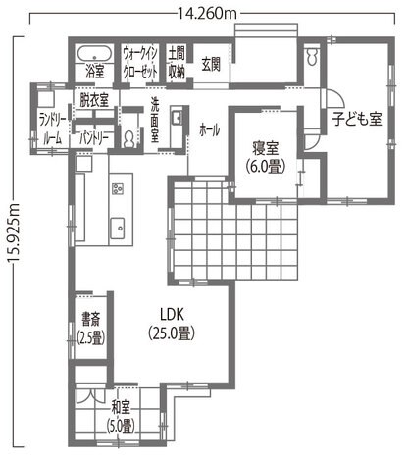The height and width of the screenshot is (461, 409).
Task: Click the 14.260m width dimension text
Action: tap(207, 14)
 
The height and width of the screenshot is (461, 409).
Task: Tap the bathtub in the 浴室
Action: tap(95, 54)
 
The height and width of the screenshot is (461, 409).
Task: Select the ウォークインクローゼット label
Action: tap(140, 62)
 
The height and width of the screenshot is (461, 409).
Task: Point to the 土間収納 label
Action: tap(177, 62)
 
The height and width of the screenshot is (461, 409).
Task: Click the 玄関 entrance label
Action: tap(211, 64)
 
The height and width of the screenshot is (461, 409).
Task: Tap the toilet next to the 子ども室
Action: tap(313, 57)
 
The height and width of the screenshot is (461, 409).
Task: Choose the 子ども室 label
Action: tap(357, 119)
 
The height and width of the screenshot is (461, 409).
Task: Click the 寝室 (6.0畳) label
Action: tap(266, 157)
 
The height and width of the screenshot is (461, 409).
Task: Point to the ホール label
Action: tap(209, 130)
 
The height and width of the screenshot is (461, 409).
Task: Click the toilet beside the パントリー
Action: tap(129, 139)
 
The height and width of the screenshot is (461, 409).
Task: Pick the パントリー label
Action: tap(94, 139)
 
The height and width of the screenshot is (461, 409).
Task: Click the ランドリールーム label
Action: tap(53, 129)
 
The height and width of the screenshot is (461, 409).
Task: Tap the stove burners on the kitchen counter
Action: tap(118, 188)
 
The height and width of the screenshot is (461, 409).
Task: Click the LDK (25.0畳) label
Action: tap(172, 324)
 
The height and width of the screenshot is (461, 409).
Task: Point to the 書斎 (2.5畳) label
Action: tap(91, 328)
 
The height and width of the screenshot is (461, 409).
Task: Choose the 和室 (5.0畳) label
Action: tap(121, 416)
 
